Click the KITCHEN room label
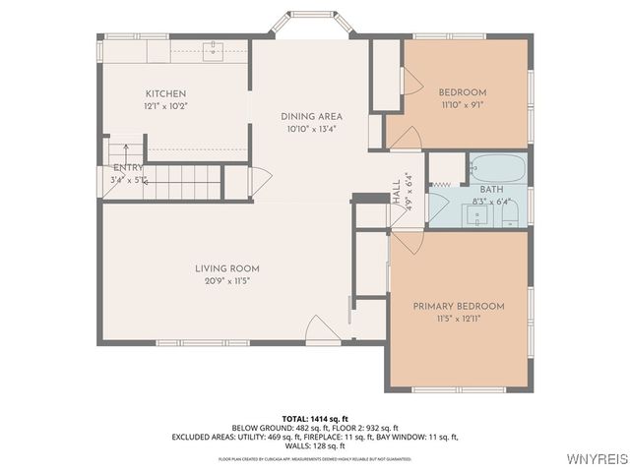(165, 93)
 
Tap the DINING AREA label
(311, 116)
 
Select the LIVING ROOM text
(226, 268)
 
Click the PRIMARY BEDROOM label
(458, 306)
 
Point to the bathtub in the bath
(497, 168)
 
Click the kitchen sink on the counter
(212, 49)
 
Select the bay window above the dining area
(317, 22)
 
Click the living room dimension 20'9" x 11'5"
(226, 281)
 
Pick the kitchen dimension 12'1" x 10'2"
(165, 105)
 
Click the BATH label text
(492, 189)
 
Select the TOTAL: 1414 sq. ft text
(315, 418)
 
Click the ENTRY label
(129, 168)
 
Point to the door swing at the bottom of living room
(322, 330)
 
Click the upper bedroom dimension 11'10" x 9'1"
(462, 105)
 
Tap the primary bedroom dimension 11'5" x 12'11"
(458, 319)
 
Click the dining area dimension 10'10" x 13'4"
(311, 129)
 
